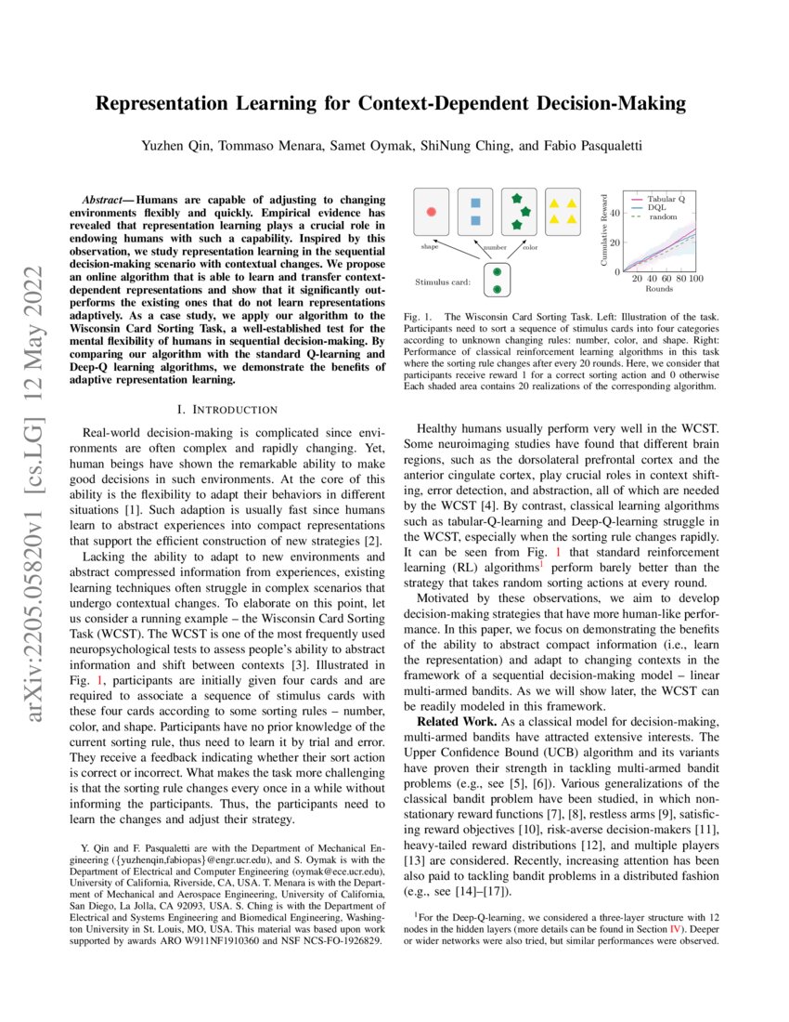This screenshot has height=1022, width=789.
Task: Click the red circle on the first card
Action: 430,213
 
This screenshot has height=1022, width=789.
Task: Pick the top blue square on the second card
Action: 475,202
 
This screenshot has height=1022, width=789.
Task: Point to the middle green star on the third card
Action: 526,212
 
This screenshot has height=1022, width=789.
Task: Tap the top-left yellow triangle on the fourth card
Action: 553,203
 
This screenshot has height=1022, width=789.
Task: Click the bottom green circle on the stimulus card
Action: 497,290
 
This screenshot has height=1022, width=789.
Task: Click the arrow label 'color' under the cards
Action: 530,248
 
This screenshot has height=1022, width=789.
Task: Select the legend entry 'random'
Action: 663,216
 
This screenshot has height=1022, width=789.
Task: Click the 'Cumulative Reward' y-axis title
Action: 604,231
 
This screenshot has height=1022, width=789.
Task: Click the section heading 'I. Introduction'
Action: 226,409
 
